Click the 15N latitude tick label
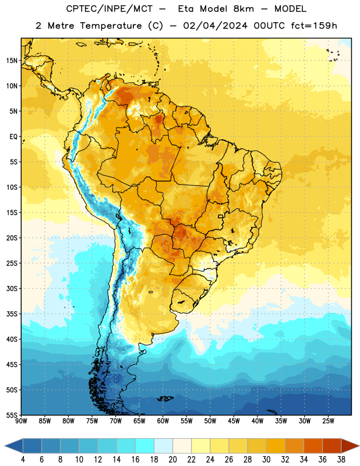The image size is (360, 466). click(x=12, y=61)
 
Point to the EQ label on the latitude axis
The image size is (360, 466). click(x=13, y=137)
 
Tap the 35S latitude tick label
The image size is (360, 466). click(x=12, y=314)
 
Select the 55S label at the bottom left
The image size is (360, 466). click(x=12, y=415)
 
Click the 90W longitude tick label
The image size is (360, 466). click(x=21, y=421)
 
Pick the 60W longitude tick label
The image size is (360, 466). click(x=163, y=421)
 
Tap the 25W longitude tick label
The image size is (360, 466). click(x=328, y=421)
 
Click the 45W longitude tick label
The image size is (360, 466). click(x=234, y=421)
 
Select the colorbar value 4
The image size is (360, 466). click(x=23, y=460)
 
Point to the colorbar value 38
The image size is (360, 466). click(x=341, y=460)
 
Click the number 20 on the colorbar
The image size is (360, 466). click(x=172, y=460)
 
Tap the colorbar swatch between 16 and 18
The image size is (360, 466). click(x=144, y=446)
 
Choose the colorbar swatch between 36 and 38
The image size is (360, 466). click(x=332, y=446)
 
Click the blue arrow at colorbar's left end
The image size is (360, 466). click(x=14, y=446)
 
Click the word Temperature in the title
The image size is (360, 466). click(x=111, y=26)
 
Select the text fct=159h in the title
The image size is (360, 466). click(x=314, y=26)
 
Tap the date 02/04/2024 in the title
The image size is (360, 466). click(x=215, y=26)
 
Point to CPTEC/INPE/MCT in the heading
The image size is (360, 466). click(x=109, y=9)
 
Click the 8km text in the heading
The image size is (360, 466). click(x=243, y=9)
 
